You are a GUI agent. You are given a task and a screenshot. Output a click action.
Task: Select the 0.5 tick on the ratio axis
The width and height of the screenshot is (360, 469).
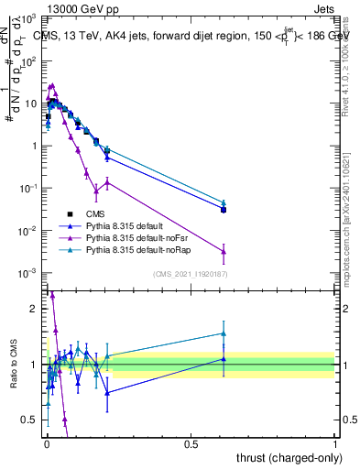pos(32,420)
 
